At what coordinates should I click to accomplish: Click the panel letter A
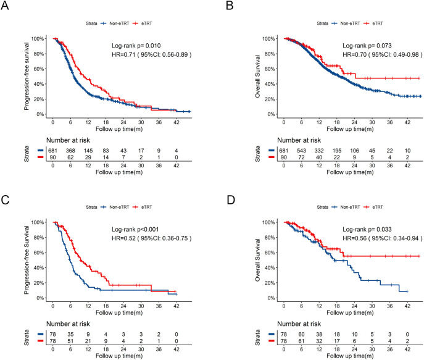click(x=4, y=6)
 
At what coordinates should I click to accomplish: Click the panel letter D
click(x=231, y=200)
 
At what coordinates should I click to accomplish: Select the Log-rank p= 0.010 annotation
click(x=136, y=46)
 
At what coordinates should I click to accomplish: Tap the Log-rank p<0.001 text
click(x=135, y=229)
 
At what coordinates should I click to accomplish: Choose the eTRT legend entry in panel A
click(x=143, y=23)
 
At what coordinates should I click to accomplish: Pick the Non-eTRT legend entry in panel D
click(x=346, y=207)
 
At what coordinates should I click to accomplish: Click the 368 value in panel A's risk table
click(x=70, y=151)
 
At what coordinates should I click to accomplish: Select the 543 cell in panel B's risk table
click(x=301, y=151)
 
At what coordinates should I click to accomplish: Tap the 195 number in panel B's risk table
click(x=336, y=151)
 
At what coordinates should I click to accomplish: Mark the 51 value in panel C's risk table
click(x=70, y=341)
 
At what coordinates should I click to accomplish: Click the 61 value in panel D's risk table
click(x=301, y=341)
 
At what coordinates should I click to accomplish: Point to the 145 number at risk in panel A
click(x=88, y=151)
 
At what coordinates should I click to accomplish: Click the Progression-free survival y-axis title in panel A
click(x=26, y=77)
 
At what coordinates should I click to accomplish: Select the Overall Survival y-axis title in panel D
click(x=257, y=260)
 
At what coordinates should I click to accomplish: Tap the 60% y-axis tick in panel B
click(x=269, y=69)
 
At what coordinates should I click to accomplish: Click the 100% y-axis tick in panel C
click(x=37, y=222)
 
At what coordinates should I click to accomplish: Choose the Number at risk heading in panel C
click(x=68, y=324)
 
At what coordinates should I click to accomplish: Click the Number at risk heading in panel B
click(x=299, y=140)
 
